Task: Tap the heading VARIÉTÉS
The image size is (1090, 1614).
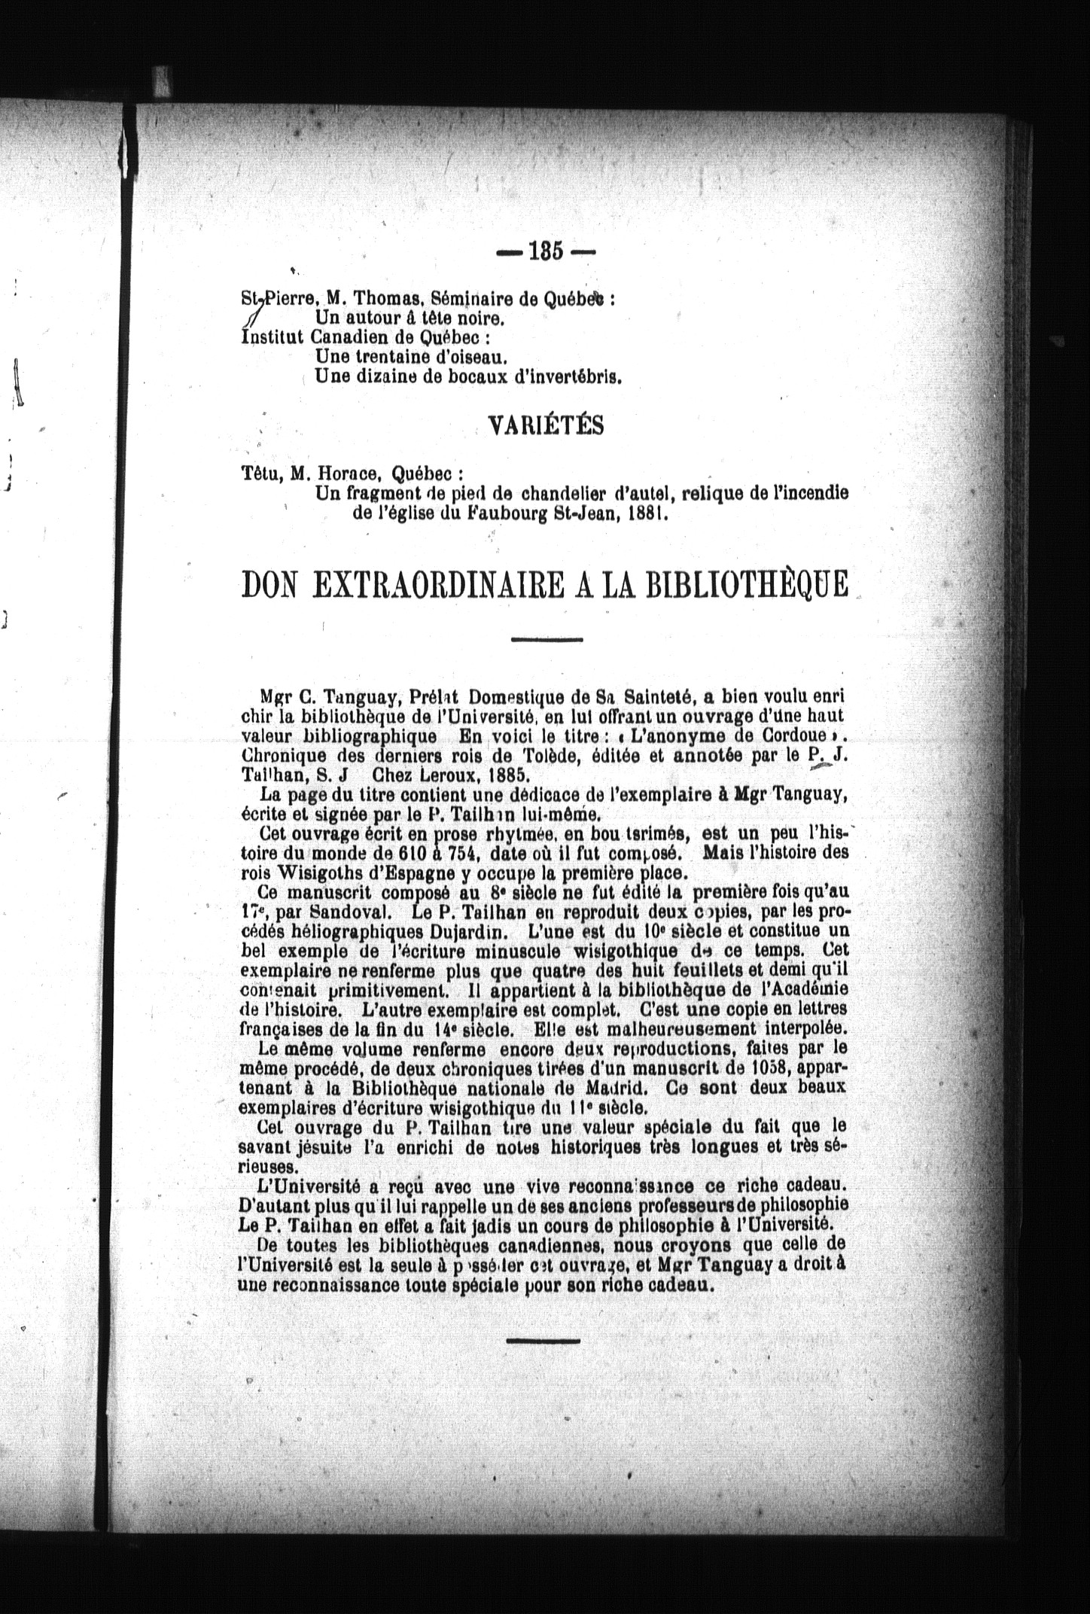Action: [547, 426]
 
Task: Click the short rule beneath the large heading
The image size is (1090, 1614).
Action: [547, 640]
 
